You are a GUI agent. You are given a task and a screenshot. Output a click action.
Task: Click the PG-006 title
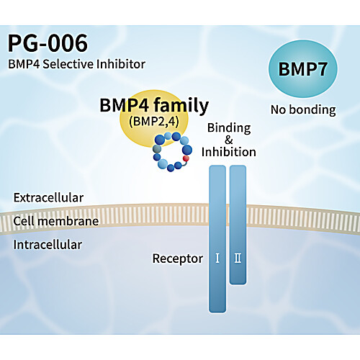48,43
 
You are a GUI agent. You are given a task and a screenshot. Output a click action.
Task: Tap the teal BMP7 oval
303,69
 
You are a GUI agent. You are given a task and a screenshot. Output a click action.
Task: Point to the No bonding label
303,110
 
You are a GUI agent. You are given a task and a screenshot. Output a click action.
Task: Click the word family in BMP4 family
181,106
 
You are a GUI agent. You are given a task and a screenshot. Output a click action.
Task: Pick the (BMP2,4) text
154,122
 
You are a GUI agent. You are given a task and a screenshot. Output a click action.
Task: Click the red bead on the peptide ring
186,158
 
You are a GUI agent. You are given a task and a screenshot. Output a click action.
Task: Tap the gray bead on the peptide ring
157,149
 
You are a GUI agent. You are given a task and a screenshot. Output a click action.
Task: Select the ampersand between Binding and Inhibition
229,140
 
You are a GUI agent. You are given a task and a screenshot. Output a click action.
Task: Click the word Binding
229,128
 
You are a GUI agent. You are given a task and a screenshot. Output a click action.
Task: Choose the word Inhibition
229,152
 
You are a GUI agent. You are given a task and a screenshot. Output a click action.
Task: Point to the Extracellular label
48,198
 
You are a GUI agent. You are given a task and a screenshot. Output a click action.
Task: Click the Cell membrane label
56,221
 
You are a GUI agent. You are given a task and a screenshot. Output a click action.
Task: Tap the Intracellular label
48,245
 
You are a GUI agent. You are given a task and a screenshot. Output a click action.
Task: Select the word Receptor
178,258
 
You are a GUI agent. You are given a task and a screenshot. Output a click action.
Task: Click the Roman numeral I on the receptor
217,258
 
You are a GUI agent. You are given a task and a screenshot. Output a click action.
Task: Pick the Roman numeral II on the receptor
238,258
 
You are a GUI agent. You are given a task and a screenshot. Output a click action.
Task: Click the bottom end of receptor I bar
217,312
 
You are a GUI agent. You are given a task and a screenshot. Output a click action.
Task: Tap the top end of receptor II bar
238,166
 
